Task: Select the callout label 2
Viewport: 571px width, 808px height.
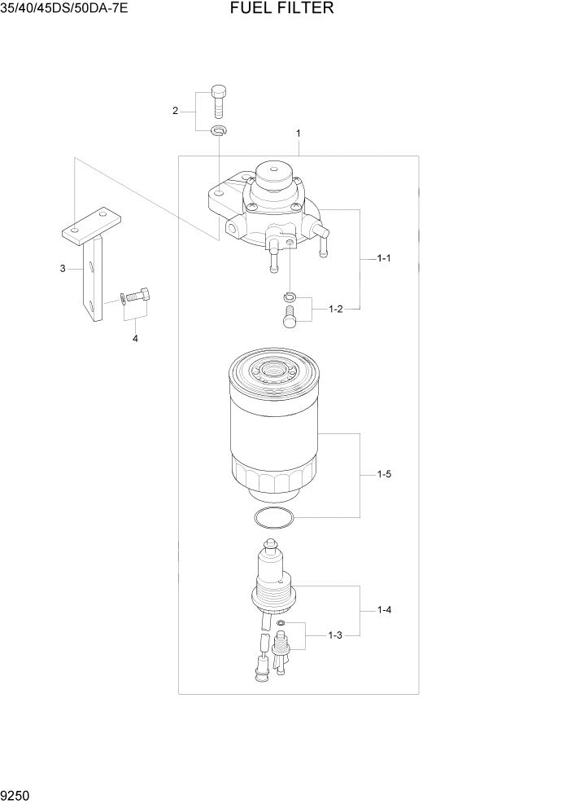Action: coord(175,111)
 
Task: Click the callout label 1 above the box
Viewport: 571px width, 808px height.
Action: coord(299,133)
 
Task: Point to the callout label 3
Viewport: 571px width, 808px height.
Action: coord(63,268)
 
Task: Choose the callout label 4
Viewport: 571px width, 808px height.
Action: coord(135,338)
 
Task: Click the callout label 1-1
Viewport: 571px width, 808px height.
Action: coord(384,258)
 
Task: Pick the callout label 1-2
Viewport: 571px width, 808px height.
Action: coord(336,309)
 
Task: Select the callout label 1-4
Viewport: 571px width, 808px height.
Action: coord(384,609)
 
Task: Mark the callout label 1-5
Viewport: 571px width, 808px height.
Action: coord(384,473)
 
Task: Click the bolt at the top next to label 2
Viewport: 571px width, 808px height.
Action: coord(218,101)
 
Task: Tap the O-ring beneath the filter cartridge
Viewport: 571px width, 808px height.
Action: coord(272,516)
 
